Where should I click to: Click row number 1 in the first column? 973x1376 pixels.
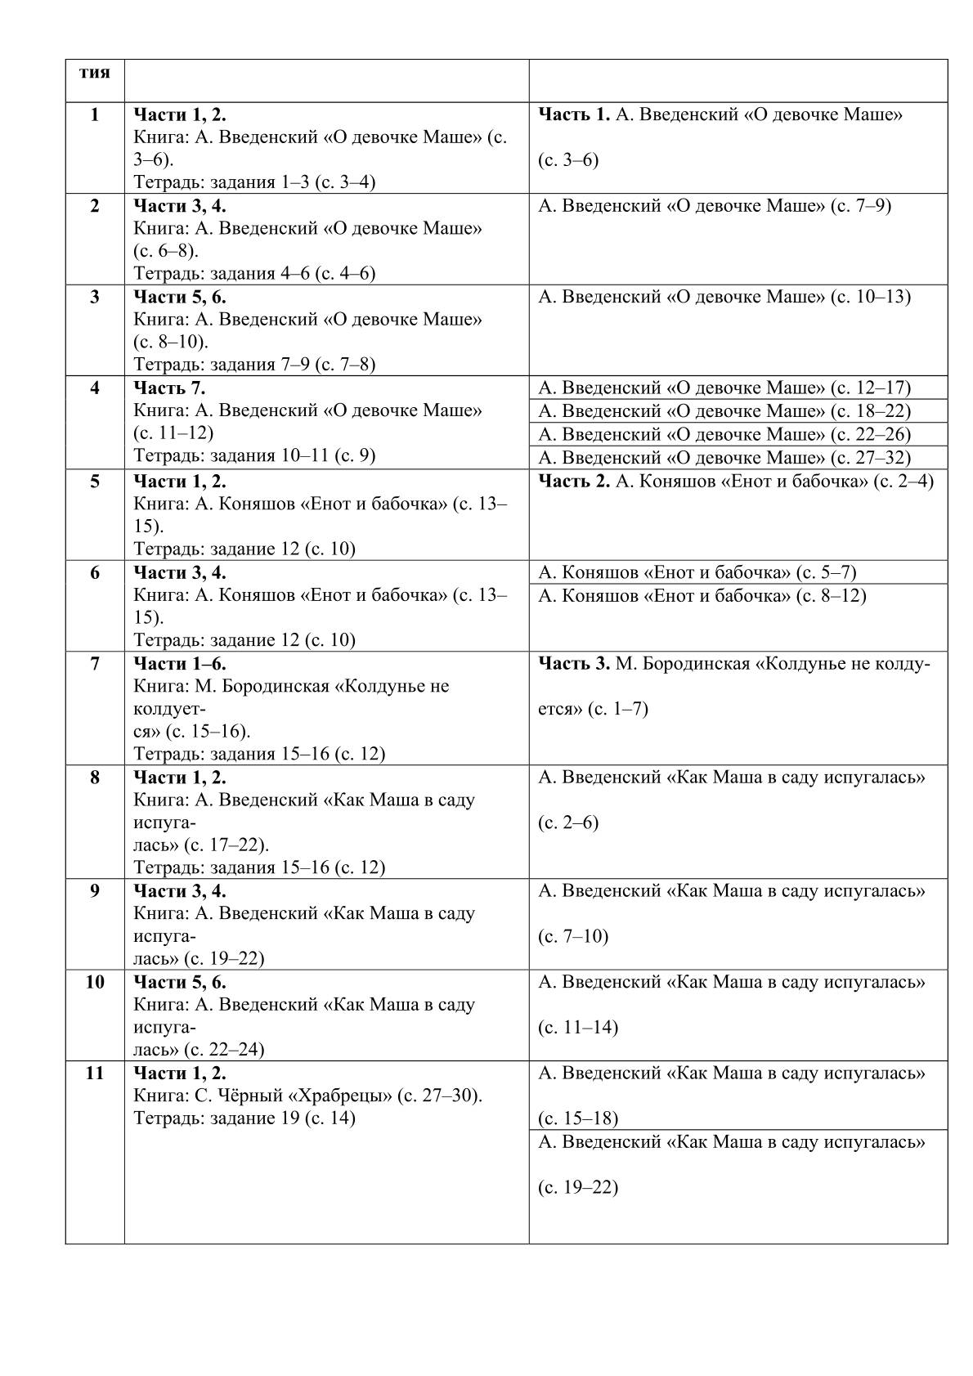point(95,115)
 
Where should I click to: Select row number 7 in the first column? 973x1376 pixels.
point(95,664)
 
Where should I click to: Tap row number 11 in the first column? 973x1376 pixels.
point(95,1073)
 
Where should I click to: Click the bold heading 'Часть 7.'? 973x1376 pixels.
point(169,388)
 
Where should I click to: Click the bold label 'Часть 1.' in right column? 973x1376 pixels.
point(574,114)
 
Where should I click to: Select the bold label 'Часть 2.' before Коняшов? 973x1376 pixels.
point(574,481)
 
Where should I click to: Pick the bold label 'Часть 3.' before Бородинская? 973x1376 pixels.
point(574,663)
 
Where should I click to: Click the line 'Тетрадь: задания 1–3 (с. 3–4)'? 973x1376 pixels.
point(254,182)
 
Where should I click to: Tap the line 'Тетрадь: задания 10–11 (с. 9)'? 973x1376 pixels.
point(254,455)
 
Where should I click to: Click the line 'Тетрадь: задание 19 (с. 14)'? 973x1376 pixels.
point(244,1118)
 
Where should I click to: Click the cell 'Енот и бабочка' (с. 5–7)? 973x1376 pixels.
point(697,572)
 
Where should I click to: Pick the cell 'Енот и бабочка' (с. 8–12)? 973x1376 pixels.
point(702,596)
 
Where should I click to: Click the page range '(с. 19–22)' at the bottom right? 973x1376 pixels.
point(578,1188)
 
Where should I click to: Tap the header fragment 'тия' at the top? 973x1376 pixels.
point(95,72)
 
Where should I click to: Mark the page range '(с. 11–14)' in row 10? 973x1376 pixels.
point(578,1028)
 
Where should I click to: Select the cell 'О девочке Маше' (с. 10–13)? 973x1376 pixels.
point(724,297)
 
